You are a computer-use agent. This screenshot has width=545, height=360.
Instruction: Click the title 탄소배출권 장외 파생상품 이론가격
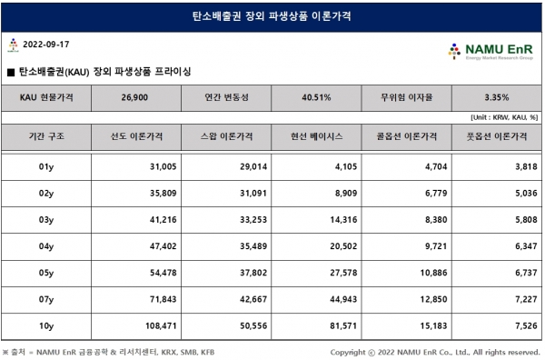coord(272,15)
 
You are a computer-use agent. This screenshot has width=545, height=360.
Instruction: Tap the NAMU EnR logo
coord(494,50)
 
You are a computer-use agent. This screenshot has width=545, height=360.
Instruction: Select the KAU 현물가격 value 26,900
coord(134,95)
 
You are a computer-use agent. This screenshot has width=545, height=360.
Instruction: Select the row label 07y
coord(46,299)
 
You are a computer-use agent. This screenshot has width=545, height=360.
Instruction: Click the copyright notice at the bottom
coord(435,352)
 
